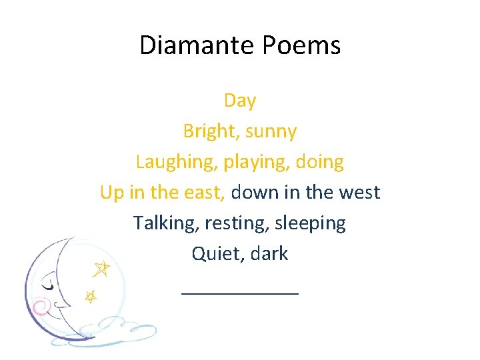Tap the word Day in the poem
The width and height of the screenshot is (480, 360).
coord(240,101)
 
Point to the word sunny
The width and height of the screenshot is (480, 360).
coord(271,132)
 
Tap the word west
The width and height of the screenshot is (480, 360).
coord(358,193)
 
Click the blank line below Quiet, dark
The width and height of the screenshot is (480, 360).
coord(240,292)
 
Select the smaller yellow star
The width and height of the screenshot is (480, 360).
coord(90,295)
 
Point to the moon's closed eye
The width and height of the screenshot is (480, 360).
coord(48,285)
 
